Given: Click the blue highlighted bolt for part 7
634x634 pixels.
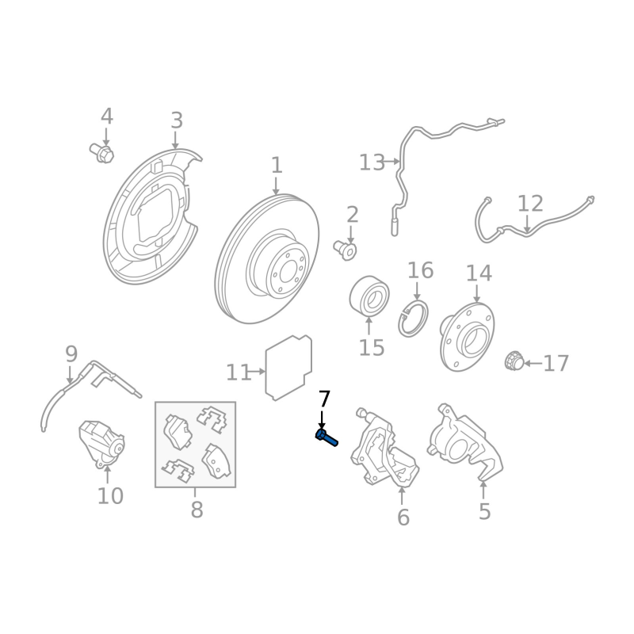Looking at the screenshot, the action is coord(327,438).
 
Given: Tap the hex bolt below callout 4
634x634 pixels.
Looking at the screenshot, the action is coord(102,153).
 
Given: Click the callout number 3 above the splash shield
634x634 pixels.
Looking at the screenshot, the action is coord(177,121).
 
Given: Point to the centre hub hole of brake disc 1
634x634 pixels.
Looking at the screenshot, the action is coord(288,270).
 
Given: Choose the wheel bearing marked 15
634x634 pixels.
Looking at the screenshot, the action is coord(369,296).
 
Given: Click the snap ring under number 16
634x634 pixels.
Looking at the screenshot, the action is coord(413,319).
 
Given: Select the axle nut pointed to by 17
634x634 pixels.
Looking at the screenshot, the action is coord(514,361).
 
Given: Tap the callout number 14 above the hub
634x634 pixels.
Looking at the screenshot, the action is coord(479,273).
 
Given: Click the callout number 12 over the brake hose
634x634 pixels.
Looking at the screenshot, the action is coord(530,204).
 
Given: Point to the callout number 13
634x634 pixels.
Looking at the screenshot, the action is coord(372,162).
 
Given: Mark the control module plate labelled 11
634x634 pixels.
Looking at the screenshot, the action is coord(288,367).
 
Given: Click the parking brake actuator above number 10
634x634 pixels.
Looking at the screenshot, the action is coord(101,444).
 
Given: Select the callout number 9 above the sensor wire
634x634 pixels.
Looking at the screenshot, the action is coord(71,354).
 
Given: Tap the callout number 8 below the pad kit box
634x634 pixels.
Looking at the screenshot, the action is coord(197,510).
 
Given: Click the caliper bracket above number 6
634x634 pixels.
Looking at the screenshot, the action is coord(384,447).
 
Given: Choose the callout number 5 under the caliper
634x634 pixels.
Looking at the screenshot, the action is coord(484,511).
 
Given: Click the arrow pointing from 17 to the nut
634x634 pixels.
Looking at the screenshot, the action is coord(533,364).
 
